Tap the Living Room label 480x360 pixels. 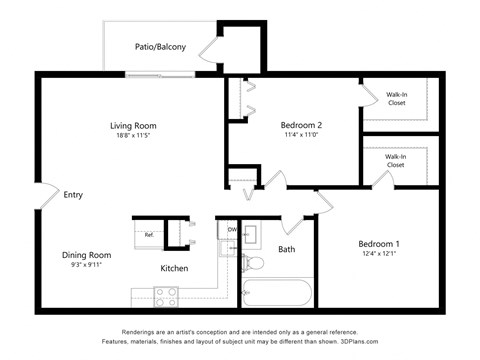pos(133,125)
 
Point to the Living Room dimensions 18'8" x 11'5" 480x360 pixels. pos(133,137)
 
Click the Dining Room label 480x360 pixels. pos(86,255)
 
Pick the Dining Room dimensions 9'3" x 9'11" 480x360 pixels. pos(86,267)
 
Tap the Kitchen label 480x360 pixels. pos(175,268)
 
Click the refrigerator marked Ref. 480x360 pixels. pos(149,235)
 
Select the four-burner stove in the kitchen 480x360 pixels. pos(166,296)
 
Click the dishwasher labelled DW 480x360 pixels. pos(232,229)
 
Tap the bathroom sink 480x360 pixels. pos(251,236)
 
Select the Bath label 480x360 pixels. pos(287,249)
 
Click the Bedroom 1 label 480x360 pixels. pos(379,244)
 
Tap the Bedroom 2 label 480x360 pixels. pos(300,125)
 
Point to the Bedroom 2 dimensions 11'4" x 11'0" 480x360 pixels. pos(300,137)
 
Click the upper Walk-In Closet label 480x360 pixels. pos(396,98)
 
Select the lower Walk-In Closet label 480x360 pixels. pos(396,160)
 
